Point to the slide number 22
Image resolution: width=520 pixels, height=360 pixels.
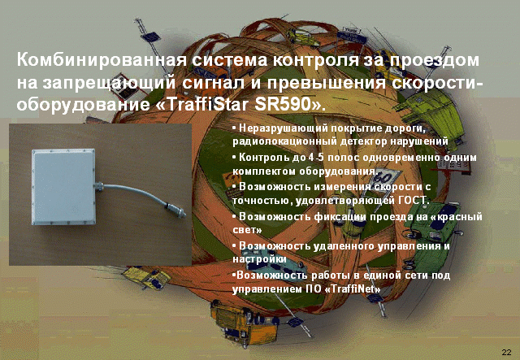click(506, 352)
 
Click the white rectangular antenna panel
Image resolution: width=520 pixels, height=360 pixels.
click(63, 186)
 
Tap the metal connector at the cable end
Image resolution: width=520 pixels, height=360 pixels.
click(175, 210)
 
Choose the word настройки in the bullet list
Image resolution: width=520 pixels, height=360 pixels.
click(259, 259)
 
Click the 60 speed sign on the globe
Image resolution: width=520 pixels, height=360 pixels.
click(385, 178)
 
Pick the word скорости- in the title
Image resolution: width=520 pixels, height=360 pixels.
click(437, 83)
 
